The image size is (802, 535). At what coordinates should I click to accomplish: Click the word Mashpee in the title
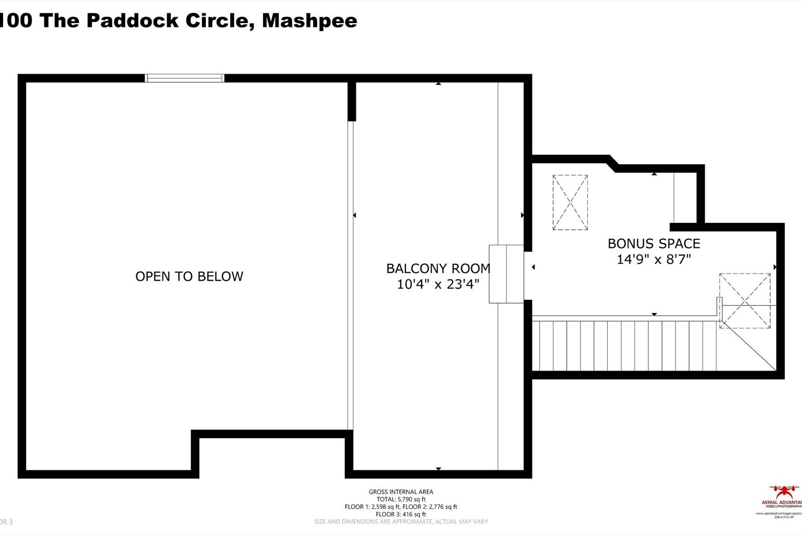(x=309, y=21)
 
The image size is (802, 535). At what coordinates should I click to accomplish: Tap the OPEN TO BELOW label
(x=189, y=276)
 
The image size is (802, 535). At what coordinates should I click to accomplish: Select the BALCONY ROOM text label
(x=438, y=268)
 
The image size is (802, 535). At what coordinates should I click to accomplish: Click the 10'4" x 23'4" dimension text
(x=438, y=284)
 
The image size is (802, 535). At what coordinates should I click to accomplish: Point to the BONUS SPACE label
(x=654, y=244)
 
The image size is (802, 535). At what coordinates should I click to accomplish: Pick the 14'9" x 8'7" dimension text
(x=654, y=259)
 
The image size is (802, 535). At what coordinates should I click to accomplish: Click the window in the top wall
(x=184, y=78)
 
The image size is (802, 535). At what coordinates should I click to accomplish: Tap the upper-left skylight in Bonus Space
(x=570, y=202)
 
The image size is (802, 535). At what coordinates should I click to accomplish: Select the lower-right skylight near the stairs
(x=745, y=301)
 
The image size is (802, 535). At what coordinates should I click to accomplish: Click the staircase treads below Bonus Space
(x=624, y=346)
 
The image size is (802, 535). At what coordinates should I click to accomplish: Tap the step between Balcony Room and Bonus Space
(x=506, y=274)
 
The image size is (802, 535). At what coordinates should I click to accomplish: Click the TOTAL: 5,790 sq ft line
(x=401, y=499)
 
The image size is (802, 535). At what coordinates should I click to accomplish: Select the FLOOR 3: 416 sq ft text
(x=401, y=514)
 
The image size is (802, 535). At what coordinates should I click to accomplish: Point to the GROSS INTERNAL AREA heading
(x=401, y=492)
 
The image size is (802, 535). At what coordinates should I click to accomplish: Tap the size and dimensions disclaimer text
(x=401, y=522)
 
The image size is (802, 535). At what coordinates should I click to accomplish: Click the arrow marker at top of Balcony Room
(x=438, y=83)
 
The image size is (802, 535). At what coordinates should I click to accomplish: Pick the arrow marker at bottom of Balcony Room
(x=438, y=469)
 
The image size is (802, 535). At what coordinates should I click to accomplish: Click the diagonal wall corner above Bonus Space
(x=613, y=163)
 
